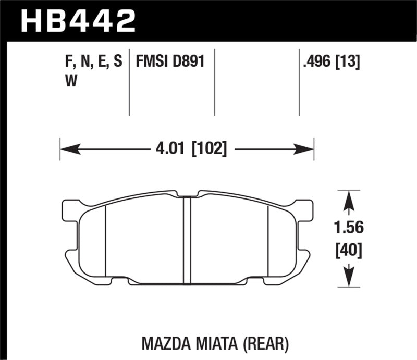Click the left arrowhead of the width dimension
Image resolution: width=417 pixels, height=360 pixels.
69,151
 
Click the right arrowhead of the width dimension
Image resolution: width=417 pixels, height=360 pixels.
305,151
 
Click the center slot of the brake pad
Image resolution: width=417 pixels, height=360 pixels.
188,240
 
